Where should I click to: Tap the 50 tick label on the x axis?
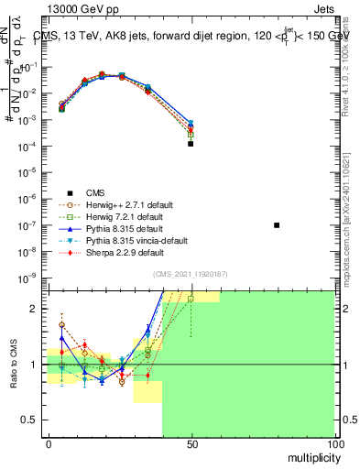coord(191,443)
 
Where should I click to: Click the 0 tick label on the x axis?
coord(48,443)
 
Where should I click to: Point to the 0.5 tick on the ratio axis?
coord(30,420)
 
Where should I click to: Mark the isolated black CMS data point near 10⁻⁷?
coord(277,224)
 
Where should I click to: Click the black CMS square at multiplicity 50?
coord(191,144)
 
